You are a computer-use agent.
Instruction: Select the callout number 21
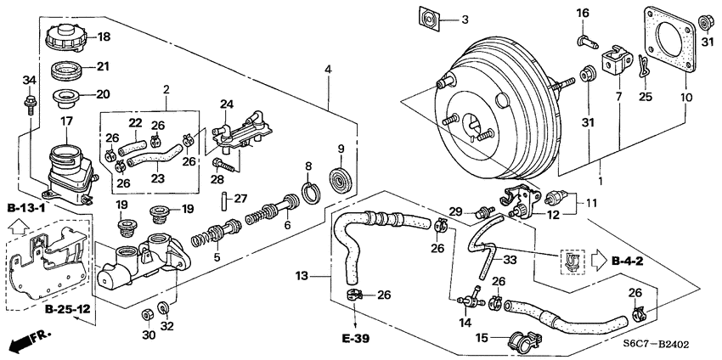(103, 66)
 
